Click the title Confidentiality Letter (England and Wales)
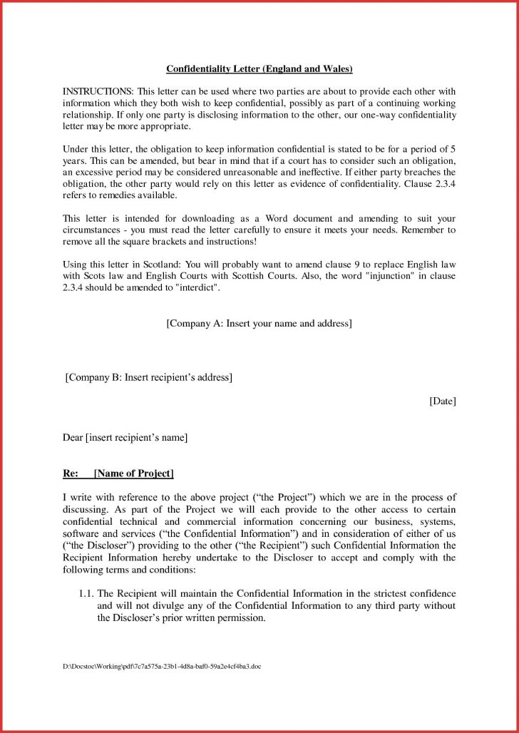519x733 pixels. click(x=259, y=69)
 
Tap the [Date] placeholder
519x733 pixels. click(x=442, y=401)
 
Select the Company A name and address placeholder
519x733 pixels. click(x=259, y=324)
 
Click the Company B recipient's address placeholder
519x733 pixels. click(x=149, y=377)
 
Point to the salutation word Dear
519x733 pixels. click(x=73, y=437)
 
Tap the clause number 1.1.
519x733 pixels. click(x=86, y=593)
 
